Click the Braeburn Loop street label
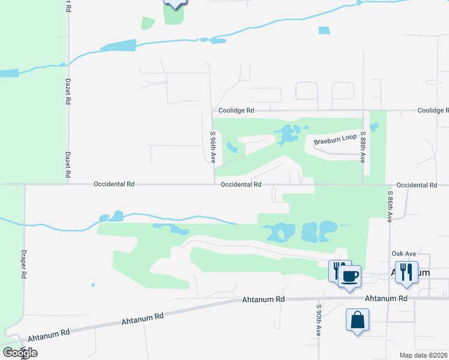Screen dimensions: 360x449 tap(335, 139)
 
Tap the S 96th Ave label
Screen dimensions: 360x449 tap(212, 147)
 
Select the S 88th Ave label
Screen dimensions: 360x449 tap(363, 147)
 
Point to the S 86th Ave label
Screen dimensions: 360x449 tap(390, 207)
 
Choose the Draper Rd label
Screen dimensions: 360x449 tap(24, 263)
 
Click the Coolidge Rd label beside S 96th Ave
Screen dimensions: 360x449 tap(236, 110)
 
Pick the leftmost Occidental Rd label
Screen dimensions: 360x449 tap(114, 185)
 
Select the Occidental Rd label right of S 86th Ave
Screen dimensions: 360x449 tap(417, 185)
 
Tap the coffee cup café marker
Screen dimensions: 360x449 tap(349, 277)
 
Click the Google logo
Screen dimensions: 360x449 tap(20, 352)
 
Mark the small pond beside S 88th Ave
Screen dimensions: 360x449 tap(375, 127)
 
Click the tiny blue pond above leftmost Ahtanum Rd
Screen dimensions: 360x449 tap(92, 285)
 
